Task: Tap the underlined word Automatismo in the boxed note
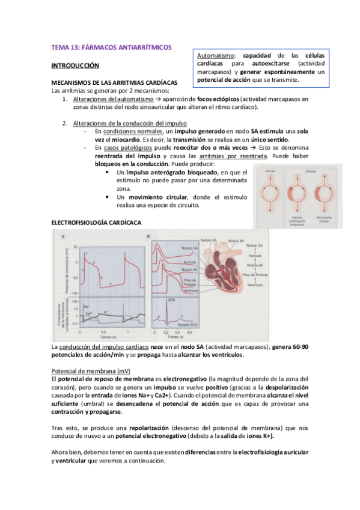[x=215, y=55]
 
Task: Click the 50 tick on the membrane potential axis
[x=76, y=247]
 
